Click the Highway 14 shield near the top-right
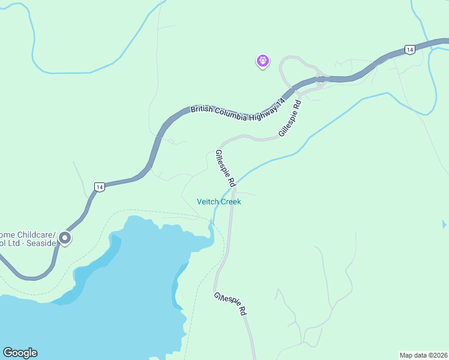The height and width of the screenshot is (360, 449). [409, 50]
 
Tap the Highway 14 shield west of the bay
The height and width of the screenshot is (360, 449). [100, 187]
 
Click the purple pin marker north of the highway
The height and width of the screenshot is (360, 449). [262, 61]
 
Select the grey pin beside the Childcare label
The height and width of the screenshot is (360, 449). [65, 238]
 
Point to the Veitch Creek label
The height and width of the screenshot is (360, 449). [219, 202]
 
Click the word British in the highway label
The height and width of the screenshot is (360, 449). [202, 109]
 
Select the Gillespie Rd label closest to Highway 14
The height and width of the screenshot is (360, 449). [289, 118]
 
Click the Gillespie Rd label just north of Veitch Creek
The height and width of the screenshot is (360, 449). [224, 167]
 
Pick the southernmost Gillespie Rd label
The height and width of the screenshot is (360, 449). [231, 305]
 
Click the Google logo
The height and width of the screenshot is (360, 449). [20, 353]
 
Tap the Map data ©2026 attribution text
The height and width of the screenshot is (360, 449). [423, 355]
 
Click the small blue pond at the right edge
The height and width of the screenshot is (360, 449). [444, 224]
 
